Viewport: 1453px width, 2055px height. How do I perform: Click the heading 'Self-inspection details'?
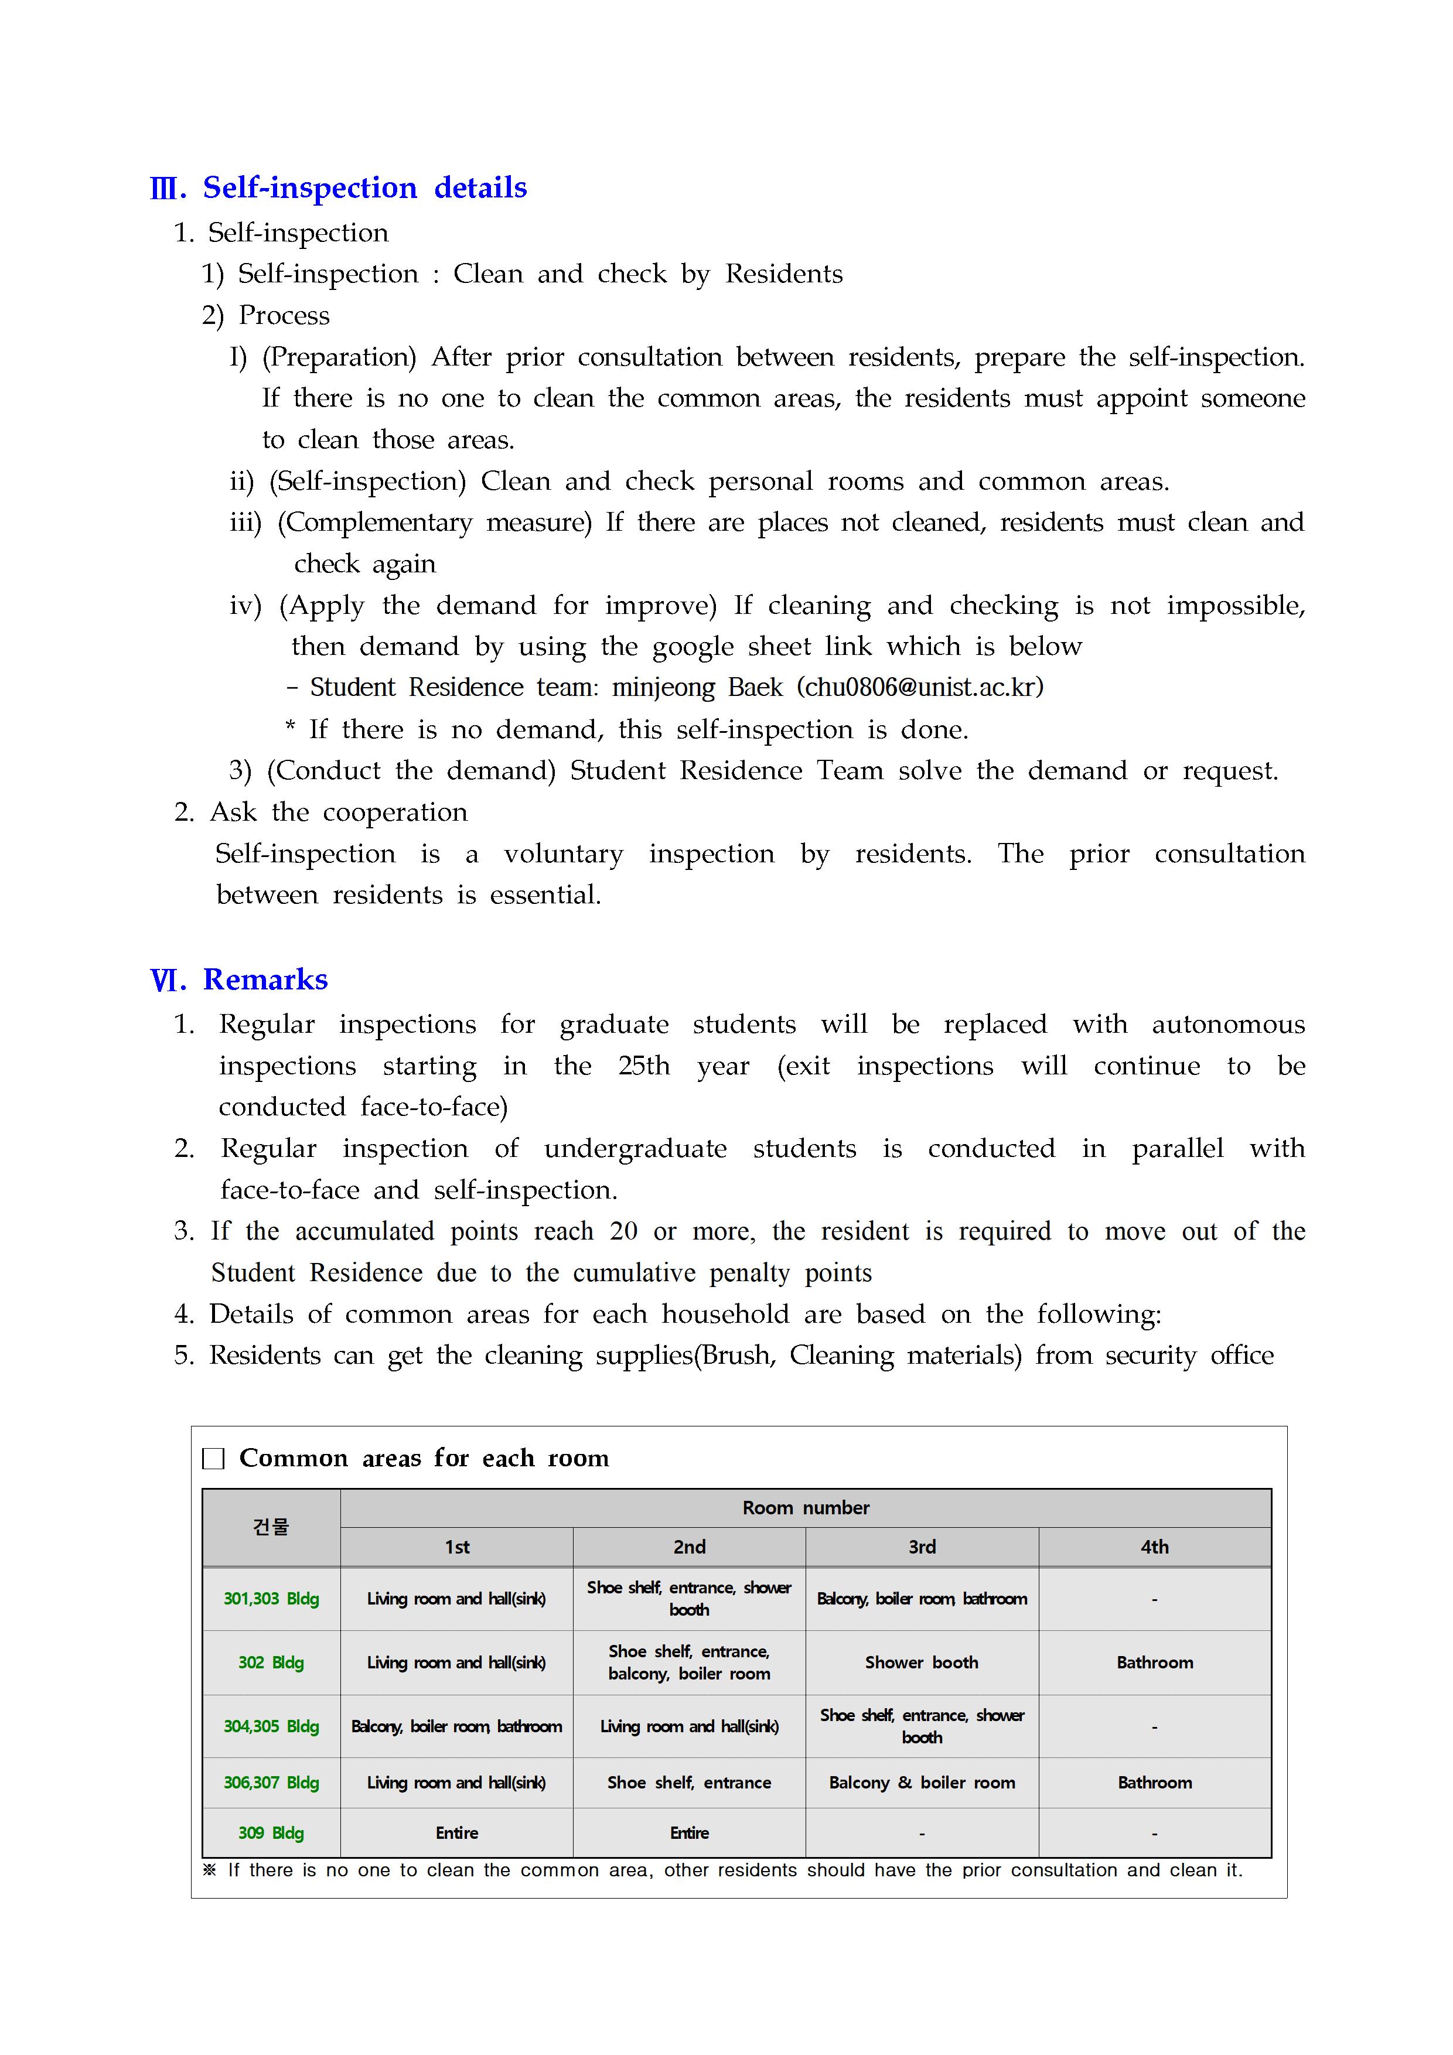tap(364, 188)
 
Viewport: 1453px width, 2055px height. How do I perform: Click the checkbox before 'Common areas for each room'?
tap(213, 1459)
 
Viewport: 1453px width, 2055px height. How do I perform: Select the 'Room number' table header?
tap(805, 1507)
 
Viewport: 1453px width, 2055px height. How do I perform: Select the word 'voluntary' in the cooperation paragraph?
tap(563, 854)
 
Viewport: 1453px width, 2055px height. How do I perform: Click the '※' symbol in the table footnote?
tap(210, 1870)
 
